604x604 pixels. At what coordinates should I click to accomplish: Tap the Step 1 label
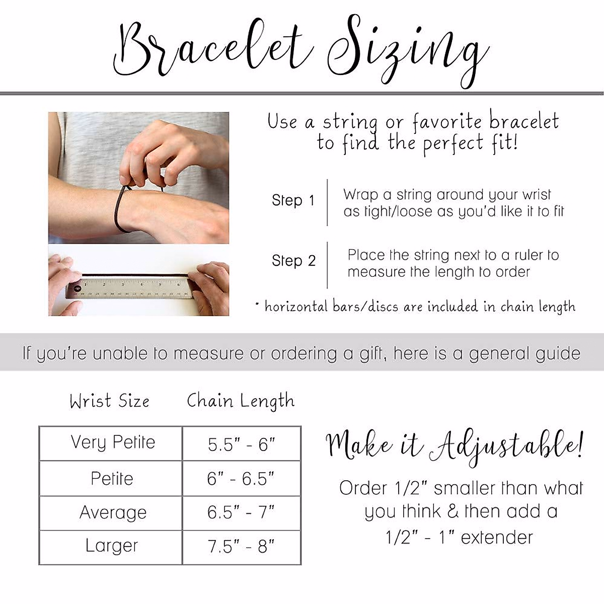(293, 200)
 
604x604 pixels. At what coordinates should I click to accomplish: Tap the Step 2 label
(293, 261)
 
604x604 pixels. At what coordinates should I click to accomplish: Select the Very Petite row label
(112, 442)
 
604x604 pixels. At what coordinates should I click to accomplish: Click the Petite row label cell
(112, 478)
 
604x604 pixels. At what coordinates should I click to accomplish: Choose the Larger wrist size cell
(112, 546)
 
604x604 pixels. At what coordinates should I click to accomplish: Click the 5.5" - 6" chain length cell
(242, 444)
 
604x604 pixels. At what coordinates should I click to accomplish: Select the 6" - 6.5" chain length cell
(241, 479)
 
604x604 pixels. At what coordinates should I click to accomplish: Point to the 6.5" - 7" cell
(241, 513)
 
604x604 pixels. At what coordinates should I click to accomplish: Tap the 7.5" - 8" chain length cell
(241, 547)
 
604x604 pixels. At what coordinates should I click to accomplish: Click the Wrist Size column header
(110, 401)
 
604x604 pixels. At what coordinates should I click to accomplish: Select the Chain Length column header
(240, 401)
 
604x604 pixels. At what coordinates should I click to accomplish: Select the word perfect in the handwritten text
(452, 144)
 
